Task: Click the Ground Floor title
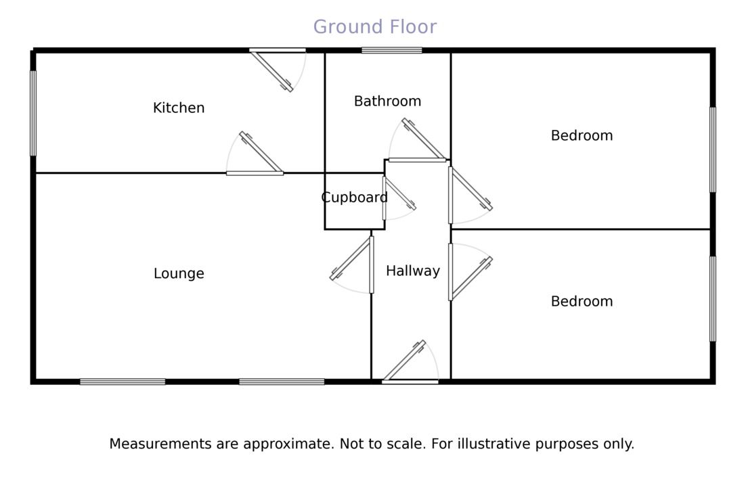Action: pyautogui.click(x=374, y=27)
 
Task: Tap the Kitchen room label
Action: pyautogui.click(x=179, y=108)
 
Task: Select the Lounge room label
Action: pyautogui.click(x=179, y=273)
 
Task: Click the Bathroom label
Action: pyautogui.click(x=387, y=101)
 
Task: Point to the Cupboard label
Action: pyautogui.click(x=354, y=198)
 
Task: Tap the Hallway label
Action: pyautogui.click(x=412, y=271)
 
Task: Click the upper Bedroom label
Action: pyautogui.click(x=582, y=135)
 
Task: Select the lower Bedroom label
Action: pyautogui.click(x=582, y=301)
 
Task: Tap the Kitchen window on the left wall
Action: pyautogui.click(x=33, y=114)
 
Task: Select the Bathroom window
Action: pyautogui.click(x=391, y=50)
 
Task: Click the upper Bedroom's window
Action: pyautogui.click(x=712, y=150)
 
